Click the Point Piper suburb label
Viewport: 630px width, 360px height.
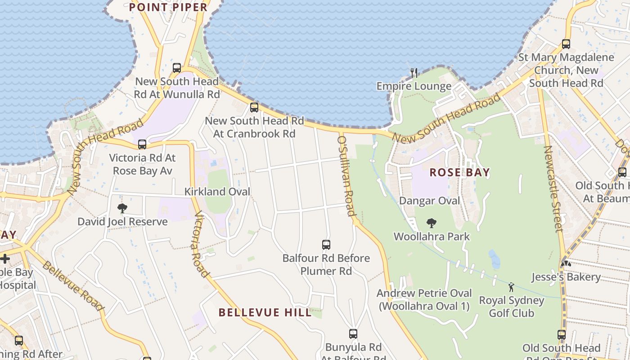[x=168, y=7]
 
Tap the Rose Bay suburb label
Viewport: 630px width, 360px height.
[x=459, y=172]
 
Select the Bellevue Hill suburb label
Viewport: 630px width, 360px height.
[x=265, y=312]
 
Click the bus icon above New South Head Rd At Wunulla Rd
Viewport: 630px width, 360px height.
[x=177, y=68]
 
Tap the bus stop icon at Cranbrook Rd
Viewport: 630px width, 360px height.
[x=254, y=108]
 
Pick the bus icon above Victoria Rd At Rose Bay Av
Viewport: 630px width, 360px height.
[x=142, y=144]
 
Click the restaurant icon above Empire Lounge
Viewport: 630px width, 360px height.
[x=414, y=72]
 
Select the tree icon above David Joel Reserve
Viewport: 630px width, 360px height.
[x=122, y=208]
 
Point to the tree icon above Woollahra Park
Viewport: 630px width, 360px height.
[x=432, y=223]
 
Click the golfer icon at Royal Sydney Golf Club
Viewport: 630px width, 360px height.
[x=511, y=287]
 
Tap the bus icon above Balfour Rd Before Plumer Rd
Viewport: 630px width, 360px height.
[x=326, y=245]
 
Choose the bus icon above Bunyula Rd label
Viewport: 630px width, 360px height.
[x=353, y=334]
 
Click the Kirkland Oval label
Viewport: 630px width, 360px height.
[x=217, y=192]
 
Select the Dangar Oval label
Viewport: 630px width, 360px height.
[x=430, y=201]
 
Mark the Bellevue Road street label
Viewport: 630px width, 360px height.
[x=73, y=285]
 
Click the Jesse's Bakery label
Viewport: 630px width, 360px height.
[x=566, y=277]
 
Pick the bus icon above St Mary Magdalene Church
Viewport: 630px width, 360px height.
[x=566, y=44]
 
